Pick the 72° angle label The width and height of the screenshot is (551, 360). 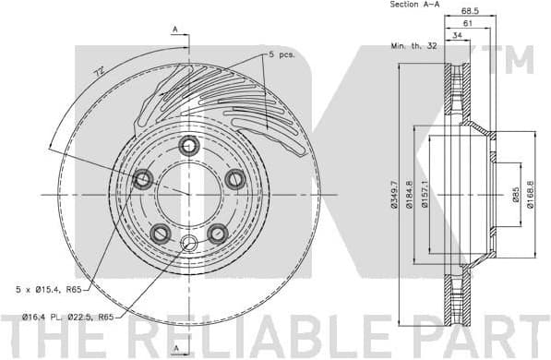coord(99,71)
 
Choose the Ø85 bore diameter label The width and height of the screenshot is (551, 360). coord(516,196)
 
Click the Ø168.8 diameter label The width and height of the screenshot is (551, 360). coord(531,196)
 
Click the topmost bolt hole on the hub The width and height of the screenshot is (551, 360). coord(189,145)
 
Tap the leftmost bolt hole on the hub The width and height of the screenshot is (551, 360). coord(142,179)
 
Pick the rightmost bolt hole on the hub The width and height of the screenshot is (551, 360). coord(235,179)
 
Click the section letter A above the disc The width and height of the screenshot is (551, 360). coord(174,30)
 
